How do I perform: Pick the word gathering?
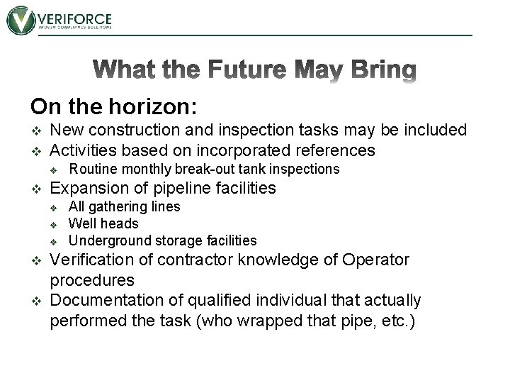[x=118, y=207]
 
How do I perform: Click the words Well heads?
[x=103, y=224]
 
